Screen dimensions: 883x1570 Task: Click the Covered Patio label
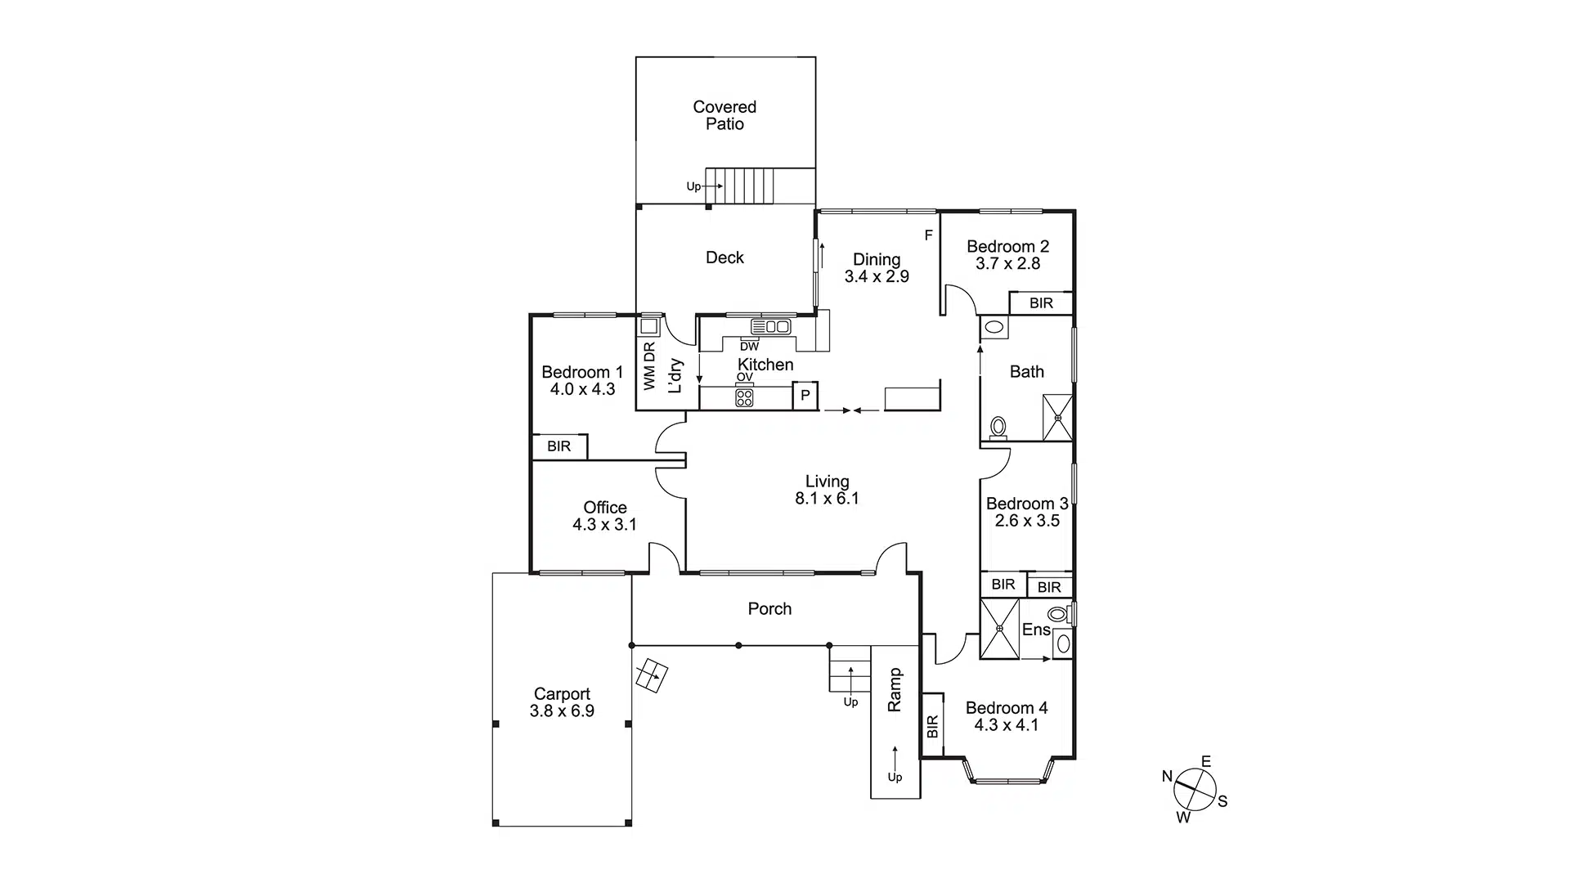[x=724, y=115]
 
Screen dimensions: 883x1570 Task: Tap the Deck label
[x=724, y=258]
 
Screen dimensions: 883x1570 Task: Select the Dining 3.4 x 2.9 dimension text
[x=877, y=276]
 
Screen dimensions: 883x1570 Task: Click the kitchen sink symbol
[x=770, y=326]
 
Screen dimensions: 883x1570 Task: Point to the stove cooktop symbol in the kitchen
[x=744, y=398]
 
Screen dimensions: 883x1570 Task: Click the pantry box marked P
[x=805, y=396]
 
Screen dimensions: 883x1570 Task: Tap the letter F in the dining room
[x=928, y=235]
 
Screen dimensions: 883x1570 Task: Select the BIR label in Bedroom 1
[x=559, y=446]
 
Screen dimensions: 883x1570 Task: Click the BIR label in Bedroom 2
[x=1041, y=303]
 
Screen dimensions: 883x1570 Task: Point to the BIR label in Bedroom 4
[x=933, y=727]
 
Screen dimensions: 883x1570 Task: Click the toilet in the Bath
[x=998, y=428]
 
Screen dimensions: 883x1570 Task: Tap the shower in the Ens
[x=999, y=628]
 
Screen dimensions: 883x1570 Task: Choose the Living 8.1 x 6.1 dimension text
[x=827, y=499]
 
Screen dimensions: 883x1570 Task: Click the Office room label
[x=605, y=508]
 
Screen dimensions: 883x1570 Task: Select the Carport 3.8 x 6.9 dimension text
[x=562, y=711]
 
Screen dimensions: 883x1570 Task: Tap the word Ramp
[x=895, y=689]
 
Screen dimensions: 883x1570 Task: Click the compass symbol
[x=1194, y=790]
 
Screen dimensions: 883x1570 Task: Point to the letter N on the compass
[x=1167, y=776]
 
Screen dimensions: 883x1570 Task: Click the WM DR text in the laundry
[x=649, y=365]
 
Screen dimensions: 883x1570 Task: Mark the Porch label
[x=769, y=609]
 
